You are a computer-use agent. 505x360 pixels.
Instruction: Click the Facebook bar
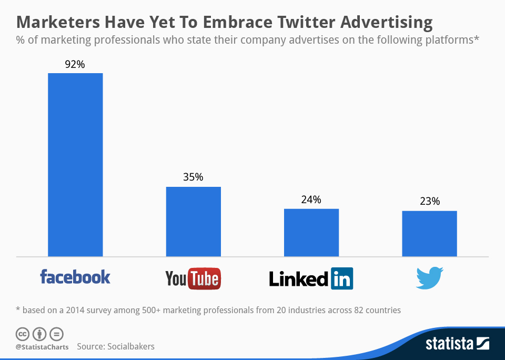(x=75, y=165)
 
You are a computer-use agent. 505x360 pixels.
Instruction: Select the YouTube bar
(x=193, y=222)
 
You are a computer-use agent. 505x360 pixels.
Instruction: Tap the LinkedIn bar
(x=311, y=233)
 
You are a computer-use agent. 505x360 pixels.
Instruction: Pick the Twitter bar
(x=429, y=234)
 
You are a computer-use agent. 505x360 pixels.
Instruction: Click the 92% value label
(x=75, y=64)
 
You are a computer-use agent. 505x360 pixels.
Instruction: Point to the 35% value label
(x=193, y=177)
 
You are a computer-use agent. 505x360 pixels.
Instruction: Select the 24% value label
(x=311, y=200)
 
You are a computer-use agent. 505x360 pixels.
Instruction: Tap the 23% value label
(x=430, y=202)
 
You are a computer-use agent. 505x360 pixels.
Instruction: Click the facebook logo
(x=75, y=277)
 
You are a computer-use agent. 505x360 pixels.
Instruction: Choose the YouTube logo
(x=193, y=278)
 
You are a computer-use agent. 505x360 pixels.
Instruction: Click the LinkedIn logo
(x=311, y=278)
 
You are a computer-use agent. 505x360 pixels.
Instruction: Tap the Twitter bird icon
(x=429, y=278)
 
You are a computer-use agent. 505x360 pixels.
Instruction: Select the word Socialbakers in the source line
(x=131, y=346)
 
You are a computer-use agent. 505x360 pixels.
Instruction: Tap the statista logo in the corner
(x=457, y=344)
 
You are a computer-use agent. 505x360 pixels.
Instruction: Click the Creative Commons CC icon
(x=22, y=334)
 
